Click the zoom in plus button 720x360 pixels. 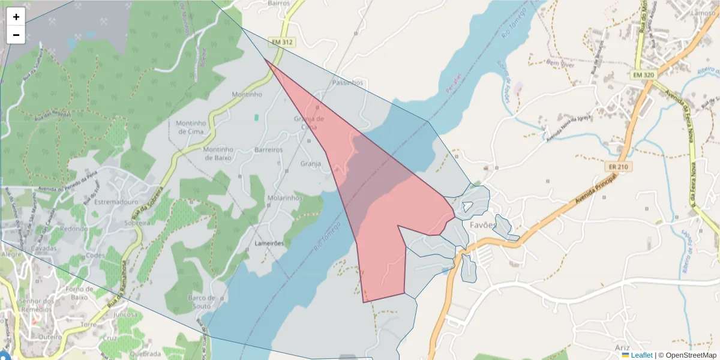point(16,17)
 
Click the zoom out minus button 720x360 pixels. point(16,35)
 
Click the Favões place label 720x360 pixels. point(483,226)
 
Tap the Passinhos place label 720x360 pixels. point(347,82)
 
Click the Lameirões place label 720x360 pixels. point(269,244)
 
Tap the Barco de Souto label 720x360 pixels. point(201,302)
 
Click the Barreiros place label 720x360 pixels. point(268,149)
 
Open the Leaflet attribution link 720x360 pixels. point(641,355)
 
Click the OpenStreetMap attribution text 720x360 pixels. point(687,355)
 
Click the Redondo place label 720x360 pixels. point(73,229)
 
